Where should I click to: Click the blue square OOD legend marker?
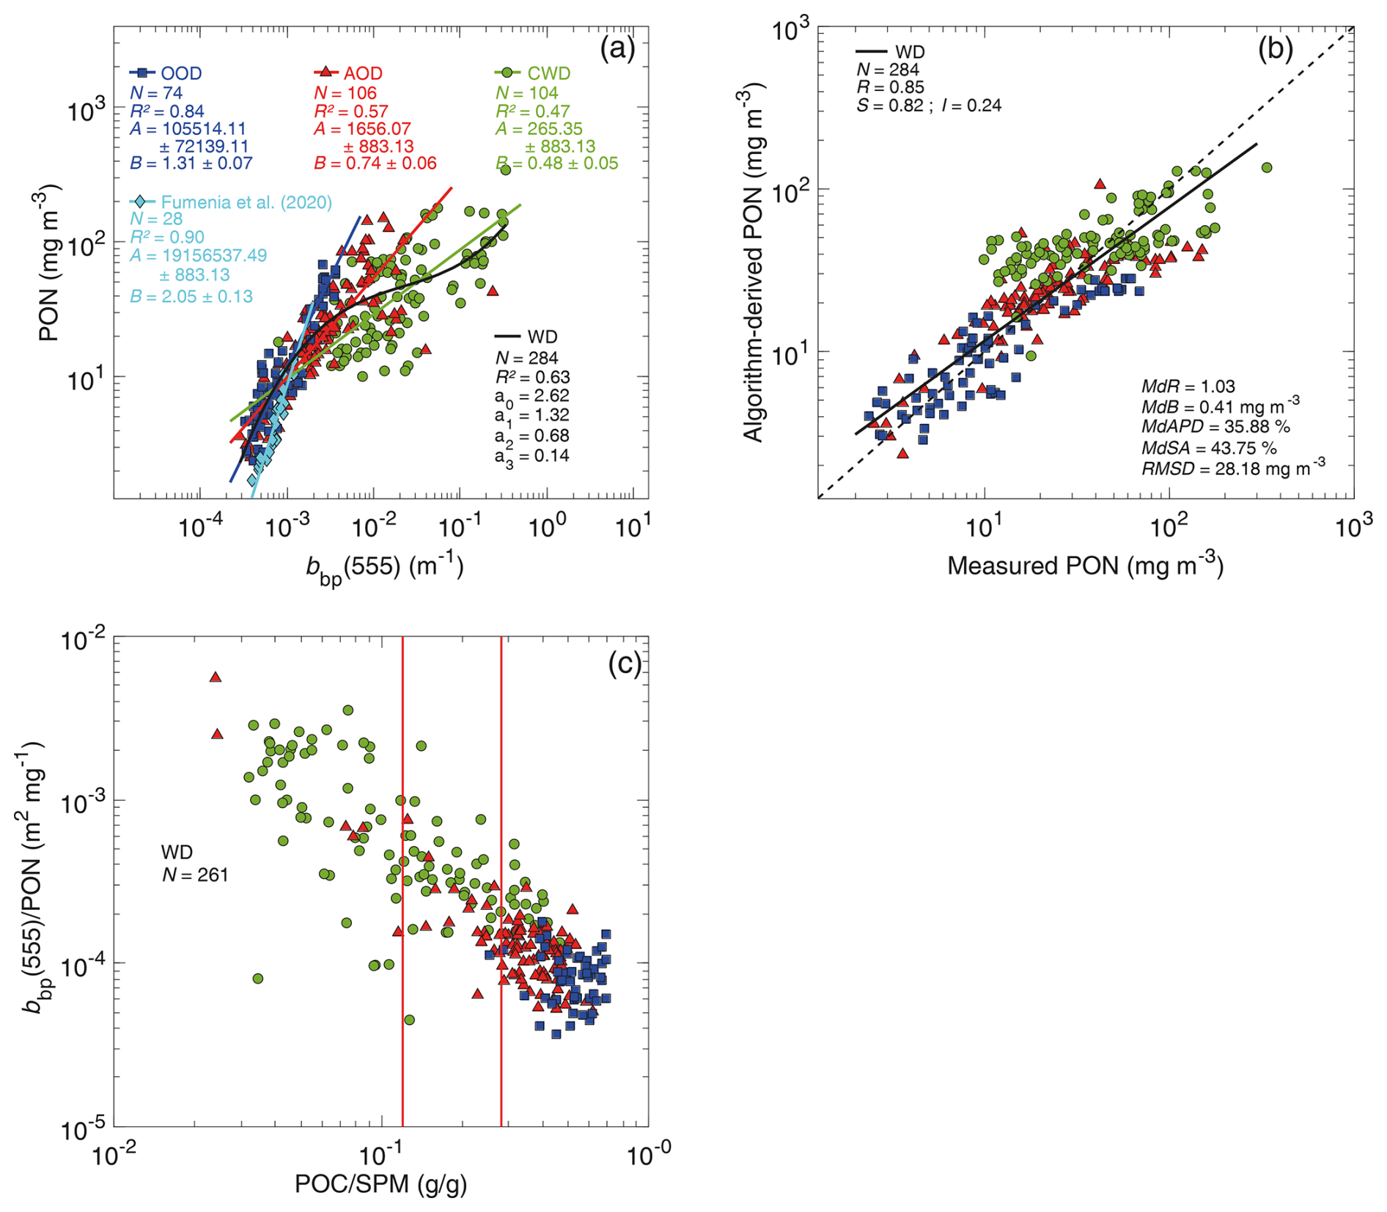click(144, 73)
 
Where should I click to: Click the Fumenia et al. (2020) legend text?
click(246, 202)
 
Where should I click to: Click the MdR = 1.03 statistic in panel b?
click(1188, 386)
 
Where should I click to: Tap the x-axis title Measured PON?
click(1085, 565)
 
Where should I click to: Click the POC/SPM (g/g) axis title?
click(380, 1183)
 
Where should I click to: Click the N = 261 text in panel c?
click(195, 874)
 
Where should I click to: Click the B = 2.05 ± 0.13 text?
click(191, 296)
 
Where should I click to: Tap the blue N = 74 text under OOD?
click(156, 93)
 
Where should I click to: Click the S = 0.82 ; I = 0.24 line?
click(928, 105)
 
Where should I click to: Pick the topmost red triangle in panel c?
click(216, 677)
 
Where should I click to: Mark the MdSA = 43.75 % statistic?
click(1209, 447)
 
